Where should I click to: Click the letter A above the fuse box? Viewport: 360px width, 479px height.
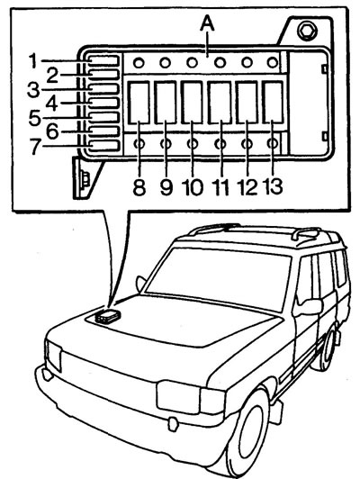[207, 24]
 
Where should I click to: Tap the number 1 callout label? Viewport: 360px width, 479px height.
[33, 60]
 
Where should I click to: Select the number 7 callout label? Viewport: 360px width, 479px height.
[35, 147]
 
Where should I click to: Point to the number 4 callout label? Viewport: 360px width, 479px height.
[52, 104]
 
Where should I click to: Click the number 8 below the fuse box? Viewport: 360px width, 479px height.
[139, 187]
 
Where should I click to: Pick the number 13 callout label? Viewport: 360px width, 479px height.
[273, 186]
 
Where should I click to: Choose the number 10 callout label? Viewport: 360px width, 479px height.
[193, 187]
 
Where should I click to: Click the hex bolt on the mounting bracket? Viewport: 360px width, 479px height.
[307, 32]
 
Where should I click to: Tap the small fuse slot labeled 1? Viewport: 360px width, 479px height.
[103, 60]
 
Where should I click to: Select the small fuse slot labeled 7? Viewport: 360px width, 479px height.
[103, 146]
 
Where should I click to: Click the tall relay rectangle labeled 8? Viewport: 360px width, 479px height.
[139, 103]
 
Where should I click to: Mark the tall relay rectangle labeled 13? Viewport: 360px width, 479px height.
[273, 103]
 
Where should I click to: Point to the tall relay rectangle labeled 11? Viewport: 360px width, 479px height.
[220, 103]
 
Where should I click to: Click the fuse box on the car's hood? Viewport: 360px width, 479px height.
[107, 316]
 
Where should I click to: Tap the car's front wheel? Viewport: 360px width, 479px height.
[248, 433]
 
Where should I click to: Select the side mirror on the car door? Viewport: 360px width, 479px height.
[308, 307]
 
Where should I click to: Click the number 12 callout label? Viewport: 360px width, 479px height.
[247, 187]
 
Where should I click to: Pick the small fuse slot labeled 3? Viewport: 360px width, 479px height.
[103, 88]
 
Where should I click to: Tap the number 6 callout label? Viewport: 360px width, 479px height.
[52, 132]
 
